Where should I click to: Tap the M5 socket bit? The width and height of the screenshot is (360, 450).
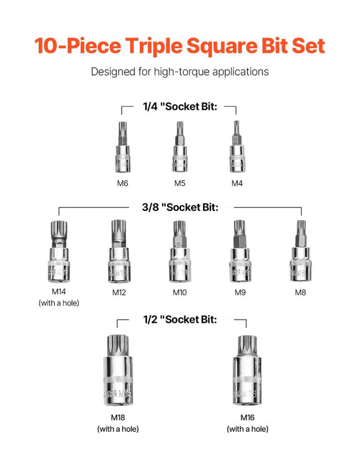(x=178, y=149)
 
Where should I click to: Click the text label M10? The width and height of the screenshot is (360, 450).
(x=179, y=292)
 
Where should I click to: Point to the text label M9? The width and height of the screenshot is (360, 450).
(x=239, y=292)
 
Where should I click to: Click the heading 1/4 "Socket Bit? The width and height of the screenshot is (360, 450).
(x=179, y=106)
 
